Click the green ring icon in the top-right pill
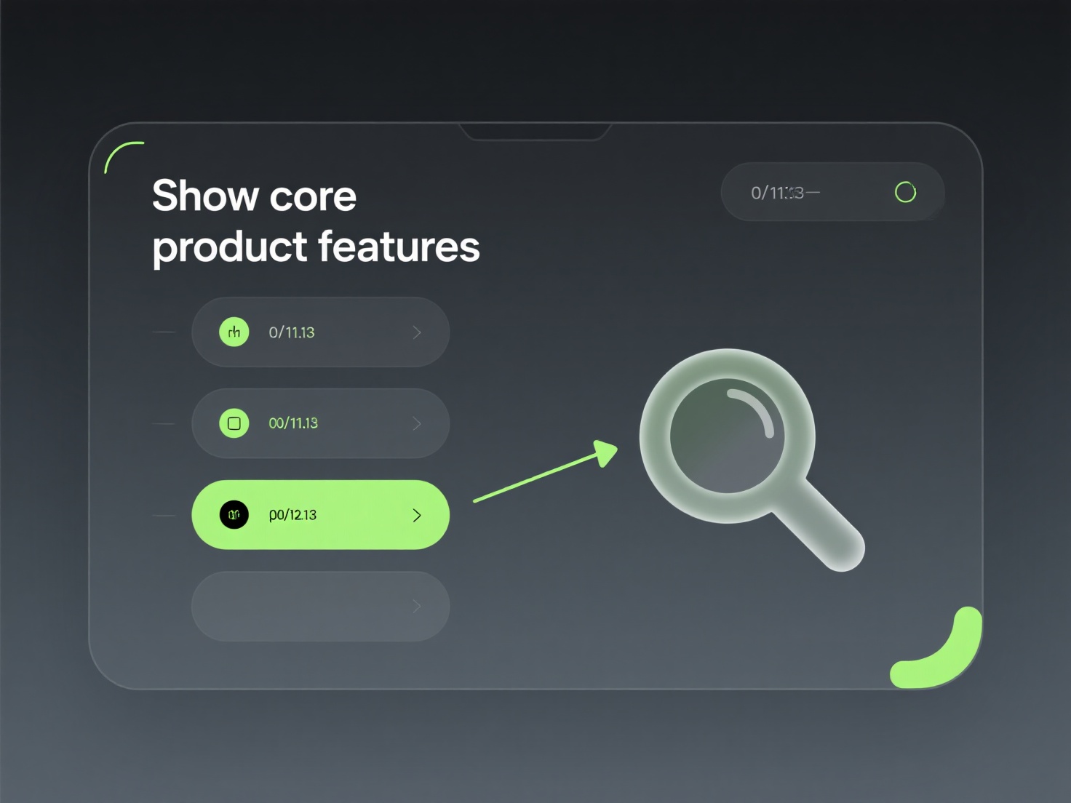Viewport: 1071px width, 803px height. [905, 192]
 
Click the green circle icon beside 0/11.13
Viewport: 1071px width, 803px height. [234, 332]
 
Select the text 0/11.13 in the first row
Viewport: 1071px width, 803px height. [292, 332]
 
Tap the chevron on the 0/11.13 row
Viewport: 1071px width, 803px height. [417, 332]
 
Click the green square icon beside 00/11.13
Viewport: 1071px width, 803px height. [234, 423]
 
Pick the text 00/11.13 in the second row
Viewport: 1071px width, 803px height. [293, 423]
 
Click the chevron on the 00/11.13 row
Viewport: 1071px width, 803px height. [417, 423]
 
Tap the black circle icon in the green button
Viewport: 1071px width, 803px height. [234, 515]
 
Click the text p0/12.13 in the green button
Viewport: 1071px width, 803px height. [292, 515]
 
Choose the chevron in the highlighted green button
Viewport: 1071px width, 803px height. [417, 515]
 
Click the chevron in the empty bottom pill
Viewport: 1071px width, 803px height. [417, 606]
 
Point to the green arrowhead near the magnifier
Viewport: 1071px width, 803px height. [605, 452]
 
